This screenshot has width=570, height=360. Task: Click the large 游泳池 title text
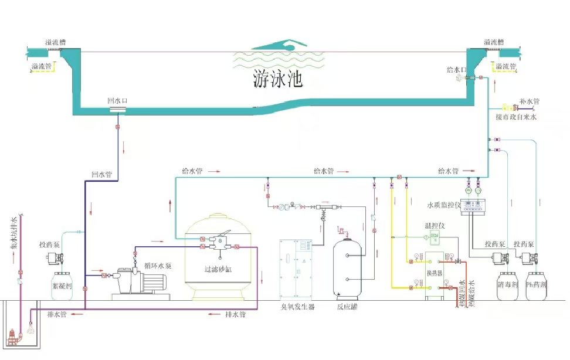pyautogui.click(x=278, y=79)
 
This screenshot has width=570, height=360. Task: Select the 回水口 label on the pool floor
pyautogui.click(x=117, y=101)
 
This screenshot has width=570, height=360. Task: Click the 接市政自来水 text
pyautogui.click(x=516, y=117)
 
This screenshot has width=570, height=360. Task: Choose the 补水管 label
pyautogui.click(x=528, y=101)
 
